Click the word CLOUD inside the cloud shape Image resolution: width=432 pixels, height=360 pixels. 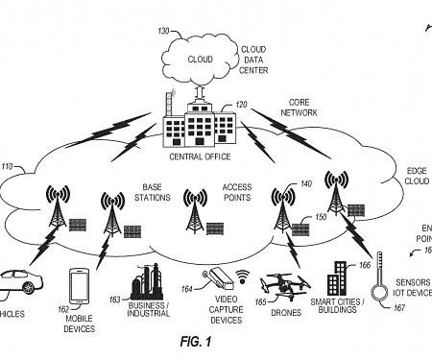200,59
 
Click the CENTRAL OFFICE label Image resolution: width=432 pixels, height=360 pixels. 198,156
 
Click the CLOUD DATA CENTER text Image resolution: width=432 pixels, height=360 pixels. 253,59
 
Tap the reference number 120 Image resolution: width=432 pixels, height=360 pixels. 242,103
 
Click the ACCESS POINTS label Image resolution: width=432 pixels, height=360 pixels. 236,192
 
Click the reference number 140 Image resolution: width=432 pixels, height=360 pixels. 305,184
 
